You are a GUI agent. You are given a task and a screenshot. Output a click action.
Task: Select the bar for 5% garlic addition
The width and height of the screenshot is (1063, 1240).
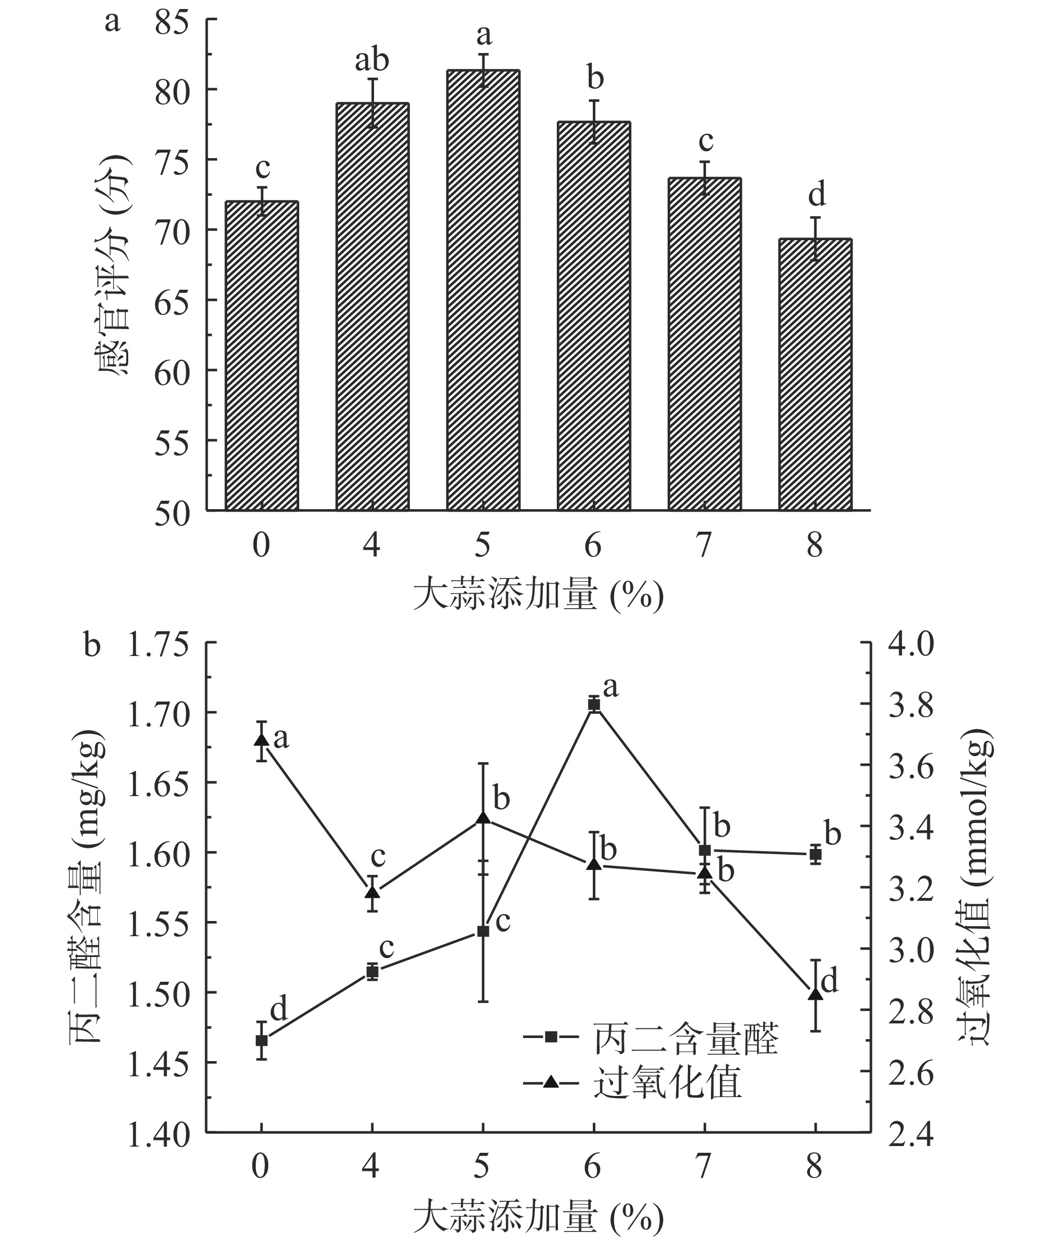(x=483, y=290)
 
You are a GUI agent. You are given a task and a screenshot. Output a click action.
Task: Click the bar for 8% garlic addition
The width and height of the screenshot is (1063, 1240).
(x=816, y=374)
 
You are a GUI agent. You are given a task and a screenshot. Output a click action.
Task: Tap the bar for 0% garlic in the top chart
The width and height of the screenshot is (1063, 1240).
(x=262, y=356)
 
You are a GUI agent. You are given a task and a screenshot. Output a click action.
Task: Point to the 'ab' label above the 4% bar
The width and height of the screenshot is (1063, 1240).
(x=372, y=60)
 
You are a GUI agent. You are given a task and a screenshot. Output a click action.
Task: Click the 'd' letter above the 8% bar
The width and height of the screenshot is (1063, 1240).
(x=817, y=195)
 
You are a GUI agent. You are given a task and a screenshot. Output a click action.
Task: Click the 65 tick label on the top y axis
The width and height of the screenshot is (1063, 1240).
(x=172, y=300)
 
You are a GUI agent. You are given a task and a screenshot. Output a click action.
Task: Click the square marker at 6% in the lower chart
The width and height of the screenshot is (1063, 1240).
(x=594, y=704)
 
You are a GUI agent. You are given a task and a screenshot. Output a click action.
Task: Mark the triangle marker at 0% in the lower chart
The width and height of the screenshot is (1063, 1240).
(x=262, y=740)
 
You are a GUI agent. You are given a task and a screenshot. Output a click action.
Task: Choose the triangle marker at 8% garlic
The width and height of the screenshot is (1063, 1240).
(x=816, y=994)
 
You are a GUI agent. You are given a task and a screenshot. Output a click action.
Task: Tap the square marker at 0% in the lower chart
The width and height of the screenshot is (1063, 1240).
(x=262, y=1040)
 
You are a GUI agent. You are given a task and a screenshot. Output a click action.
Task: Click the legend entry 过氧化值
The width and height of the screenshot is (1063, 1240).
(x=667, y=1082)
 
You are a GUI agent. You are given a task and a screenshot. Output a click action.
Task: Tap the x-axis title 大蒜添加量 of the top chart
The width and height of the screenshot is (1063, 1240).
(x=538, y=595)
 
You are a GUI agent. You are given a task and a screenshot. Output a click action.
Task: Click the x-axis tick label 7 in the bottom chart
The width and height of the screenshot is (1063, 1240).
(x=705, y=1167)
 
